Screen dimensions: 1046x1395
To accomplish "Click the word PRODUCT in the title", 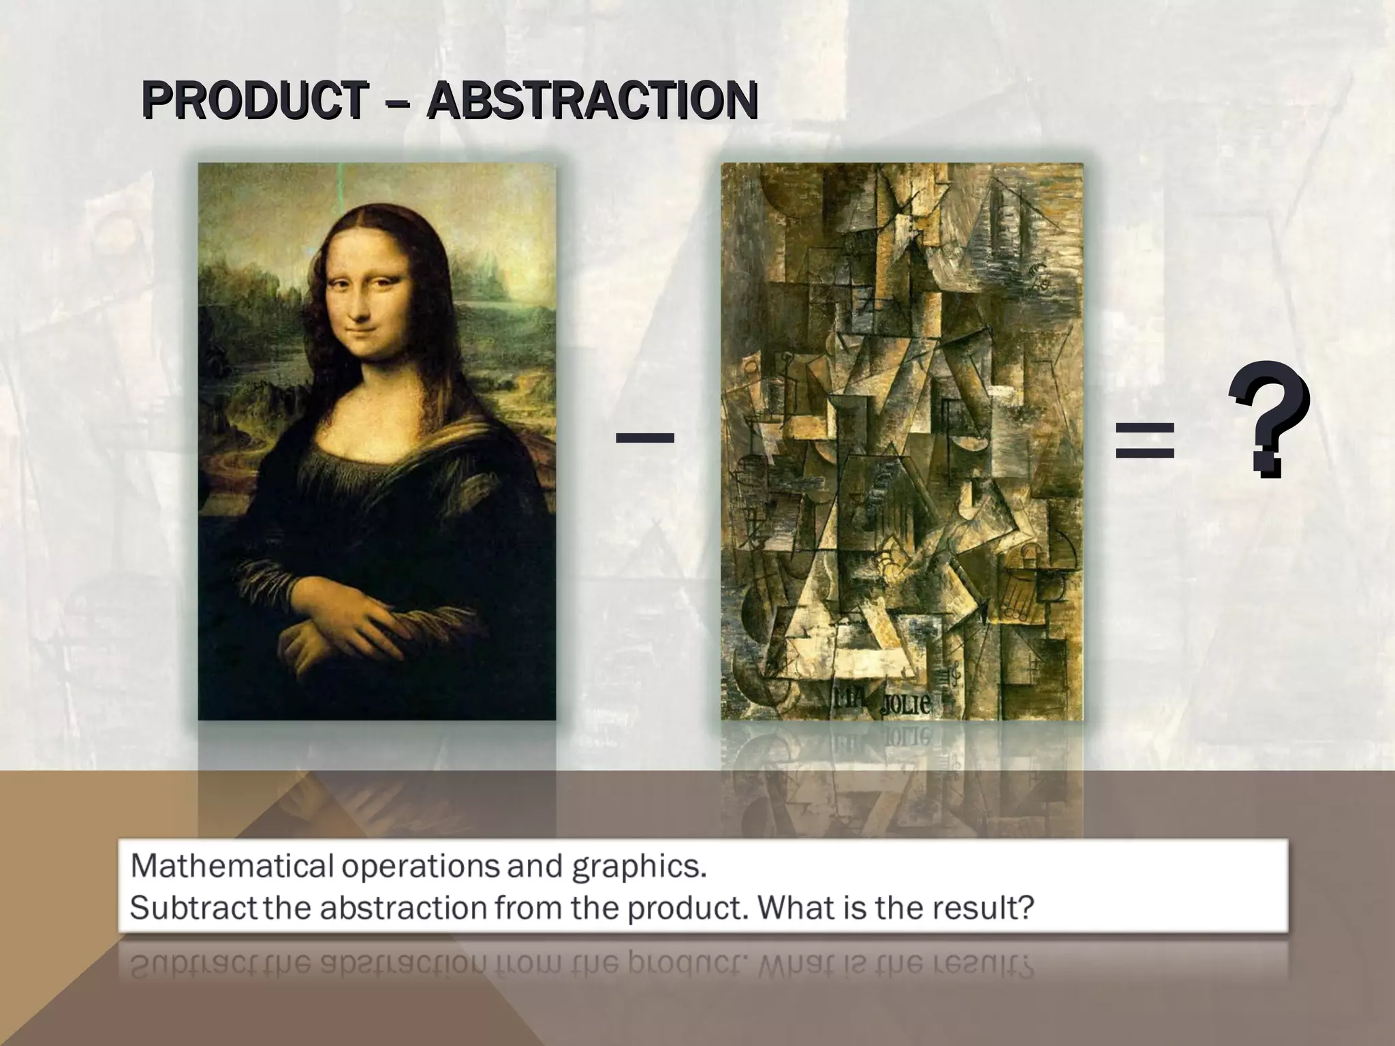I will [255, 101].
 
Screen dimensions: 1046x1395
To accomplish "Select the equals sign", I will [1144, 439].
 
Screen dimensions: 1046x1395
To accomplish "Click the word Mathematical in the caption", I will [232, 866].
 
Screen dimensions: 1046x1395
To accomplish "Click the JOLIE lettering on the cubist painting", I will [905, 703].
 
